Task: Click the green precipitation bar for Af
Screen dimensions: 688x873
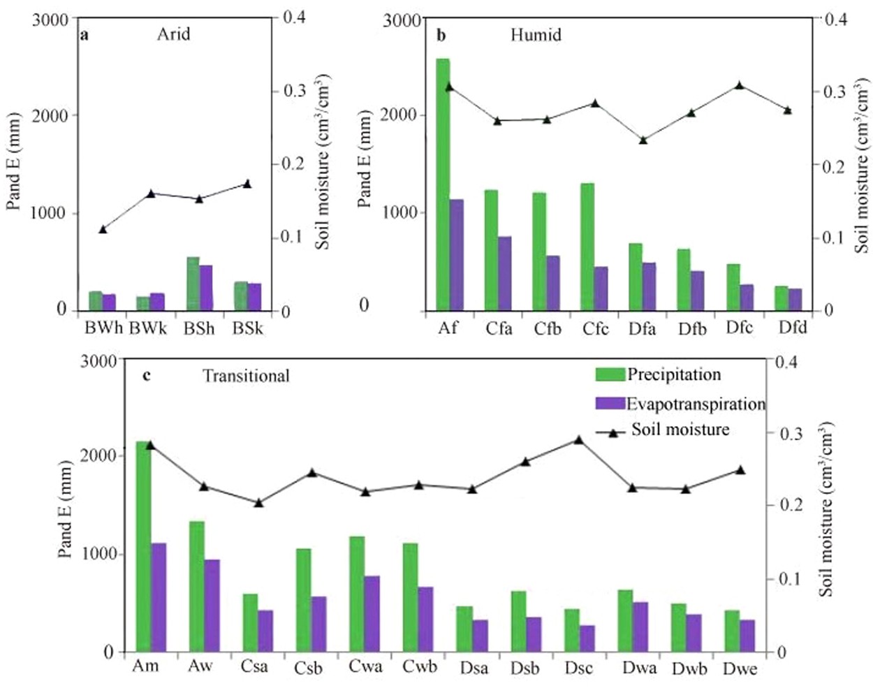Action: (x=443, y=184)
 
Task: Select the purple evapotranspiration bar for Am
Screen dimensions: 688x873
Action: (x=159, y=597)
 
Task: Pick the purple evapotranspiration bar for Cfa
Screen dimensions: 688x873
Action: (x=504, y=273)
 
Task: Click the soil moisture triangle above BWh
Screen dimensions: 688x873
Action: (x=103, y=228)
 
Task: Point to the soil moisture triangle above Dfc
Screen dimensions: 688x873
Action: (x=739, y=85)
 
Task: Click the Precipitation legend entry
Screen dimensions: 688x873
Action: (x=673, y=374)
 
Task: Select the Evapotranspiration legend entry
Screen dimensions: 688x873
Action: (x=696, y=404)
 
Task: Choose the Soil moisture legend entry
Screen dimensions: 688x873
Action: (x=680, y=430)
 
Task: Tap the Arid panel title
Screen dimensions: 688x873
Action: (x=173, y=34)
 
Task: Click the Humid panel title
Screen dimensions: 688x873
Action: (x=536, y=34)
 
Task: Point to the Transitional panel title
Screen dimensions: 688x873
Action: (x=246, y=376)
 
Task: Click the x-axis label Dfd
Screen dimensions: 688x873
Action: (x=793, y=327)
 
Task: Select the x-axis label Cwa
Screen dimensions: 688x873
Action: (x=366, y=666)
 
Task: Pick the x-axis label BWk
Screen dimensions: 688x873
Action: (x=147, y=328)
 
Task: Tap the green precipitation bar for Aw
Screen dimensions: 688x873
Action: (x=197, y=586)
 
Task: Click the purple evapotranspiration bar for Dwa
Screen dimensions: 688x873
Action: (x=640, y=627)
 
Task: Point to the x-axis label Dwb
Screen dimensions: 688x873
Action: (x=689, y=668)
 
